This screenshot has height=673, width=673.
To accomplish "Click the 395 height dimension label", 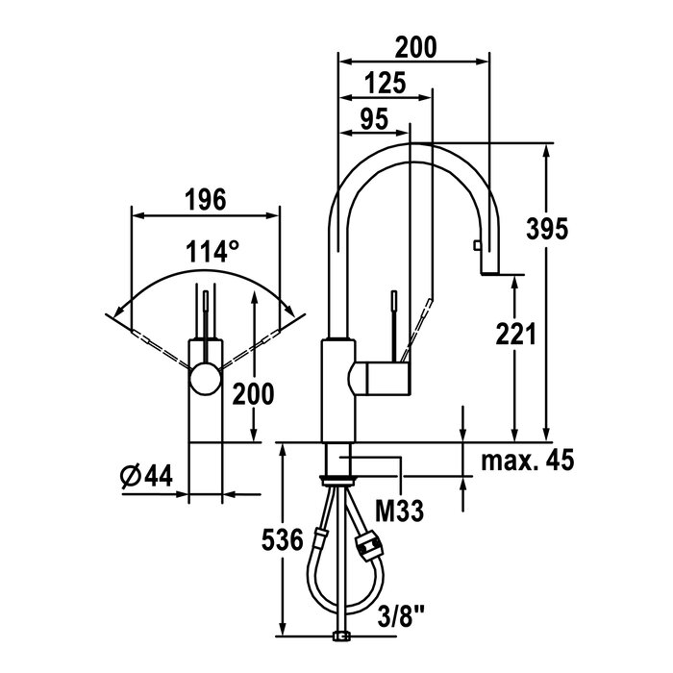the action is point(547,229).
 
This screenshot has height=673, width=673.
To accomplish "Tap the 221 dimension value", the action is point(516,334).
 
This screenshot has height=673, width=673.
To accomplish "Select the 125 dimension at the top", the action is point(385,83).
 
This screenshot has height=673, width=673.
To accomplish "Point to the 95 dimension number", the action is point(374,119).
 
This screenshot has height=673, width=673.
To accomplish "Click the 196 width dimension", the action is point(205,200).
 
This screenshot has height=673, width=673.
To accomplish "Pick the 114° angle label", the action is point(212,251).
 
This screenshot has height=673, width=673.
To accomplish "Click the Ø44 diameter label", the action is point(147,476).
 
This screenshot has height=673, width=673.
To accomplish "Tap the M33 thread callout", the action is point(399,511).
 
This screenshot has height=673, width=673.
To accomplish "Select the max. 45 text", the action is point(528,461).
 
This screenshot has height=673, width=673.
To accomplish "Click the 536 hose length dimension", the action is point(282,540).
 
